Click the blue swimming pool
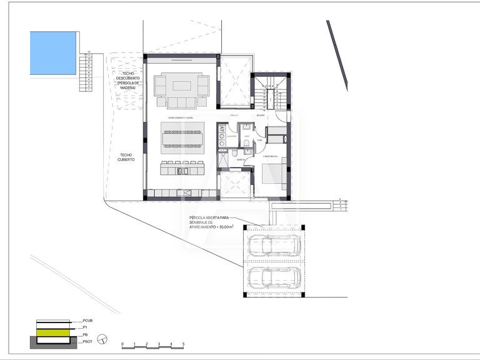(53, 53)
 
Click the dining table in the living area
(182, 137)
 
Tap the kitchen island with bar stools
(182, 168)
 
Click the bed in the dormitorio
(274, 175)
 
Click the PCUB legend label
(87, 320)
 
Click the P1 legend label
(86, 326)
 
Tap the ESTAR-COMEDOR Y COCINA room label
(179, 117)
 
